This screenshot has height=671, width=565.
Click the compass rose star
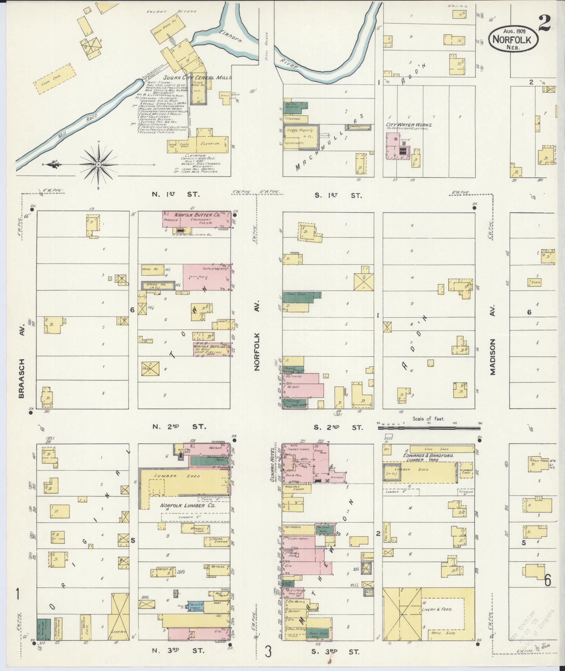tap(98, 164)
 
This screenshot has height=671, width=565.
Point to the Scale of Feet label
tap(428, 418)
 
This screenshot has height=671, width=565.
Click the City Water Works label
tap(409, 125)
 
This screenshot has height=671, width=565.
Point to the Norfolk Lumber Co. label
tap(188, 506)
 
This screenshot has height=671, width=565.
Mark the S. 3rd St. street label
tap(336, 652)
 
